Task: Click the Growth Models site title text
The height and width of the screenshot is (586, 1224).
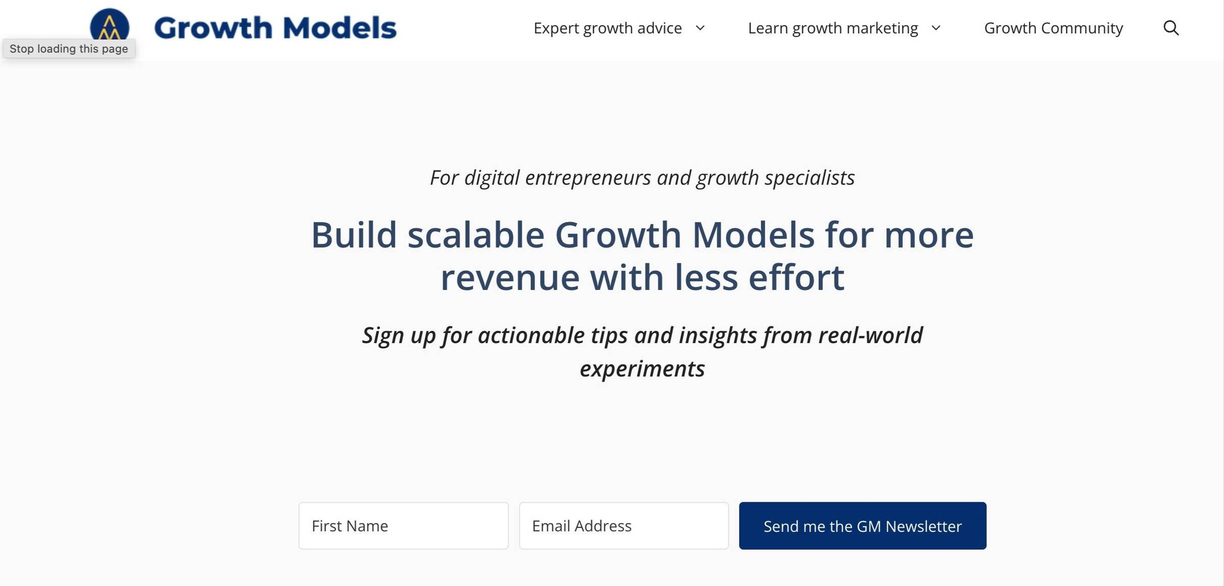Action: click(x=275, y=28)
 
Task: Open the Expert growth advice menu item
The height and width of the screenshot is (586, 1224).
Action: click(x=607, y=28)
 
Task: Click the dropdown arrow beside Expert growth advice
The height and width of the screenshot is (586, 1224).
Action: click(x=700, y=28)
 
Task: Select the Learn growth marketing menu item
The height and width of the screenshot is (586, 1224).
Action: click(x=833, y=28)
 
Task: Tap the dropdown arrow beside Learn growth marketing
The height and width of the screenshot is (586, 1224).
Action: click(x=936, y=28)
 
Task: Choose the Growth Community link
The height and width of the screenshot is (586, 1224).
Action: click(x=1053, y=28)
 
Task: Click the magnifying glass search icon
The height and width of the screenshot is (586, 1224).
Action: click(x=1171, y=28)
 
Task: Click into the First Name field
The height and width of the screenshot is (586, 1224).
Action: click(x=403, y=526)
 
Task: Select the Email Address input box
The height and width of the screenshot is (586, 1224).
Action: click(x=624, y=526)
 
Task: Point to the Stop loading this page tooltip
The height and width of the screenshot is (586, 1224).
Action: click(x=69, y=48)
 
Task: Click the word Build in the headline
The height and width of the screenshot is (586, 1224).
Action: click(x=354, y=235)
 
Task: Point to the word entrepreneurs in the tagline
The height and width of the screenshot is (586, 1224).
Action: click(x=588, y=178)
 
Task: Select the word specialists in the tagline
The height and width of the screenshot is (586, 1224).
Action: click(x=810, y=178)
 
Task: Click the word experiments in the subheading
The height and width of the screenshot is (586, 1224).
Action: click(x=643, y=369)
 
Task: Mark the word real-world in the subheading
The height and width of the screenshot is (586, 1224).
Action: click(x=871, y=335)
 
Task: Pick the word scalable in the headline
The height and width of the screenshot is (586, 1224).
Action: click(x=476, y=235)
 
